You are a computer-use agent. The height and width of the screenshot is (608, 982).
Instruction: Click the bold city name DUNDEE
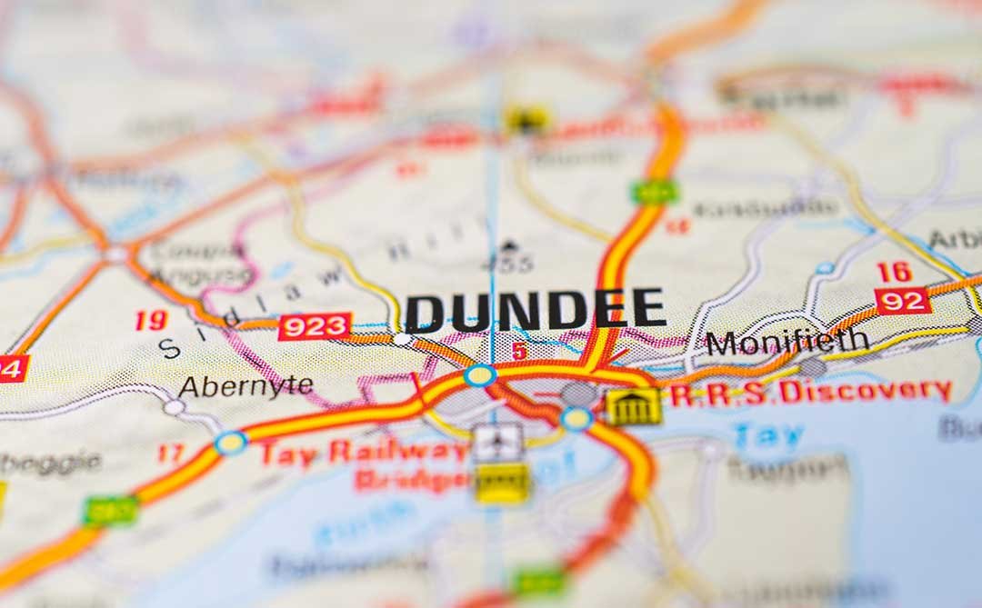[x=535, y=310]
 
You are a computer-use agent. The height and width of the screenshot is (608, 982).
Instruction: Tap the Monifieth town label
[x=787, y=342]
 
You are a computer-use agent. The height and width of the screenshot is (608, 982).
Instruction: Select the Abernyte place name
[x=245, y=386]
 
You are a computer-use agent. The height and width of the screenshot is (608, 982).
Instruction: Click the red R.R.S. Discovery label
[x=810, y=392]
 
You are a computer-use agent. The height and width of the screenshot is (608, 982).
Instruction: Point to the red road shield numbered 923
[x=314, y=326]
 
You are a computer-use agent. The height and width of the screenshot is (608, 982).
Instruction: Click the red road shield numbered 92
[x=902, y=301]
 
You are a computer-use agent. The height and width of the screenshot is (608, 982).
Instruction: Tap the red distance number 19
[x=151, y=320]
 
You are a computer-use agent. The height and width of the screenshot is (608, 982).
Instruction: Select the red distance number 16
[x=894, y=272]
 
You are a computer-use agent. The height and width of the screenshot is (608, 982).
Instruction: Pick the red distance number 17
[x=170, y=453]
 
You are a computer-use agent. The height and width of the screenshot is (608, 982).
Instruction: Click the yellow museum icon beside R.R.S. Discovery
[x=634, y=405]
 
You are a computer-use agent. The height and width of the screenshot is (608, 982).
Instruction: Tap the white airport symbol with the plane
[x=499, y=442]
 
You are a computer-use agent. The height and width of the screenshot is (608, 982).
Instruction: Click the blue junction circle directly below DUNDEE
[x=480, y=374]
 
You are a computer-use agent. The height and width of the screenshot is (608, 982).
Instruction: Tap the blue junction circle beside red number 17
[x=230, y=443]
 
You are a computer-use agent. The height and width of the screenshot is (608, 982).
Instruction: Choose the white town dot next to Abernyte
[x=174, y=407]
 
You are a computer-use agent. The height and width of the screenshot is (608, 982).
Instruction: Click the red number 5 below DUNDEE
[x=519, y=350]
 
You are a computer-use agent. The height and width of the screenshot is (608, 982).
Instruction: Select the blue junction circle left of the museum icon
[x=576, y=419]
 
